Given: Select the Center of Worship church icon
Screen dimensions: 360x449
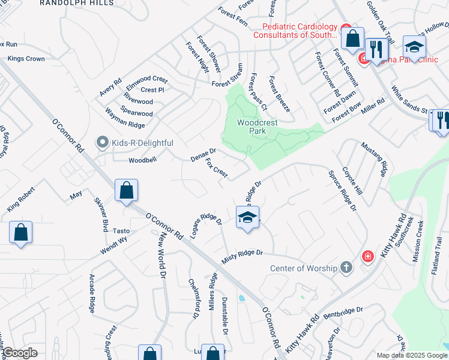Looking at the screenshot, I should [346, 268].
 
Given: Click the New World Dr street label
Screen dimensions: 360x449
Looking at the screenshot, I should [161, 256].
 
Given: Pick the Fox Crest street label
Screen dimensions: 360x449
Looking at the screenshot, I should [217, 168].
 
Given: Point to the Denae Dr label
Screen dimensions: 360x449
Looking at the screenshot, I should [203, 155].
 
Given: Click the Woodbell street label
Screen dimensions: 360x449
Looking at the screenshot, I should [142, 161].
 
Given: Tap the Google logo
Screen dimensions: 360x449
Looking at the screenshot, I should [20, 353].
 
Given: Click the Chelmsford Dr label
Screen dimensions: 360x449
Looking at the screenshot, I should [193, 298].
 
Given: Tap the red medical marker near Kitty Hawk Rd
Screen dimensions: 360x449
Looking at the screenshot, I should [367, 257].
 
